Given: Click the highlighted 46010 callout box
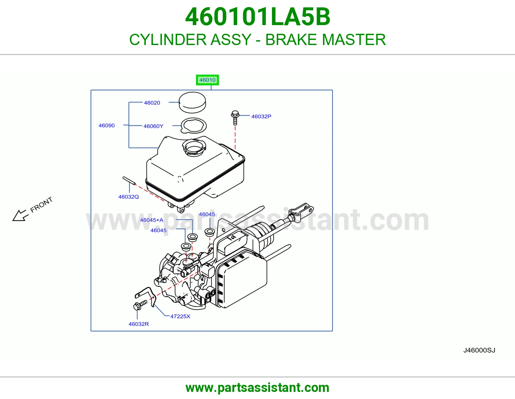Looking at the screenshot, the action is (x=207, y=80).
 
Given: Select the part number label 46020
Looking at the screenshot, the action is (x=152, y=103).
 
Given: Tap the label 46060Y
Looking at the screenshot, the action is (x=153, y=126).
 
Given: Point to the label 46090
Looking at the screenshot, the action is (x=107, y=125).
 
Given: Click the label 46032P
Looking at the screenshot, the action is (x=261, y=116).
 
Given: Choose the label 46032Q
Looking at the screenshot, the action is (x=128, y=197).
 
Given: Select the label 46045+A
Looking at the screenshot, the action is (x=152, y=220).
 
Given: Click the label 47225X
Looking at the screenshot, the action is (x=180, y=317).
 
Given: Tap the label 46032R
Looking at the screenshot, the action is (x=139, y=324).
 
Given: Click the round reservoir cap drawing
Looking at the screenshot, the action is (x=192, y=102).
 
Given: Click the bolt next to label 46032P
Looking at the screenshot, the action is (x=235, y=117).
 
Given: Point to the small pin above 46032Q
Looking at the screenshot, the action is (x=129, y=181).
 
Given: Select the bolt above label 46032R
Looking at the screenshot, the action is (x=140, y=305).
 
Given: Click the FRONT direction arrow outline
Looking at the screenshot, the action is (x=19, y=216).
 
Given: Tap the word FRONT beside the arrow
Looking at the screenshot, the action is (x=41, y=205).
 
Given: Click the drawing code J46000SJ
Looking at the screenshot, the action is (x=479, y=350).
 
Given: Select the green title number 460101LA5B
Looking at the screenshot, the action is (x=257, y=17).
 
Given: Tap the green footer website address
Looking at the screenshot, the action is (x=257, y=388).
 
